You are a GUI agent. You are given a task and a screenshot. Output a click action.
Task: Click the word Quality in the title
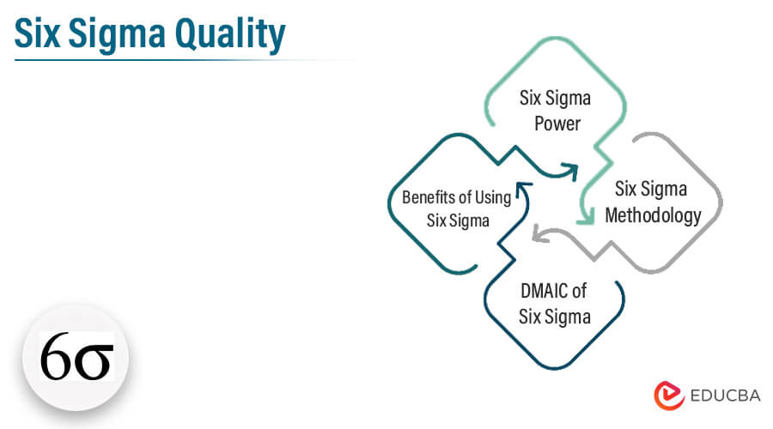[229, 34]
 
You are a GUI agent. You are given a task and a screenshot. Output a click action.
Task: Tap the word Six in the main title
[38, 33]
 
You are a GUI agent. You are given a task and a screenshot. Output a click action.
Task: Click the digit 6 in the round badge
[56, 357]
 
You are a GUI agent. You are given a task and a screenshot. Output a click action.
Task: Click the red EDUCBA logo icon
[669, 395]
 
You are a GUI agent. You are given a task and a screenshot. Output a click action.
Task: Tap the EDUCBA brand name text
[725, 396]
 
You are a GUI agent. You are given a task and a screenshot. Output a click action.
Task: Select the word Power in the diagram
[557, 124]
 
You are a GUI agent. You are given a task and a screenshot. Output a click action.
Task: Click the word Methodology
[653, 215]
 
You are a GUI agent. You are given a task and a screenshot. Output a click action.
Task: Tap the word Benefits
[428, 197]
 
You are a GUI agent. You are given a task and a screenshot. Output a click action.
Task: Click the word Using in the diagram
[493, 198]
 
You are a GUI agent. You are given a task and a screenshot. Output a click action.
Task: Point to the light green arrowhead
[586, 218]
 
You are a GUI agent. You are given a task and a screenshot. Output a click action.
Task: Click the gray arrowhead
[540, 234]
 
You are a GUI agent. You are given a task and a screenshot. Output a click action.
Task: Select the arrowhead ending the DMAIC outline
[524, 190]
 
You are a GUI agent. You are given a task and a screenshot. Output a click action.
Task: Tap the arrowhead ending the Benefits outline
[570, 172]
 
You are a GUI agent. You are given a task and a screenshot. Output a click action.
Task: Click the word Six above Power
[531, 98]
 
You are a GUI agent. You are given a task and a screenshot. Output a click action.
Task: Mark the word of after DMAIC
[579, 291]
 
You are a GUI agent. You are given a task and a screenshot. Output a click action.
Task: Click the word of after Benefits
[465, 197]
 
